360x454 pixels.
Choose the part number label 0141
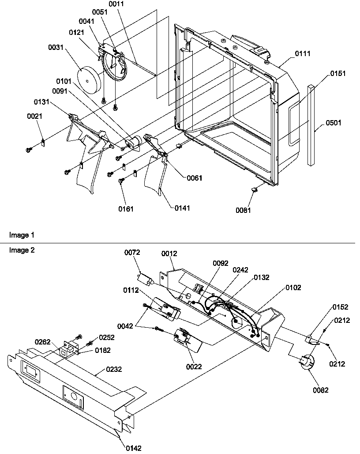(x=183, y=208)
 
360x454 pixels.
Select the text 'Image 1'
(x=21, y=235)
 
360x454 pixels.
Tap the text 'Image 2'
(x=21, y=250)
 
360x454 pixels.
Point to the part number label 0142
(x=134, y=448)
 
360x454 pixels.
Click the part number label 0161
(x=125, y=208)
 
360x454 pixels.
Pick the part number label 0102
(x=293, y=288)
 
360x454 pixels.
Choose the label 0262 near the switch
(x=43, y=342)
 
